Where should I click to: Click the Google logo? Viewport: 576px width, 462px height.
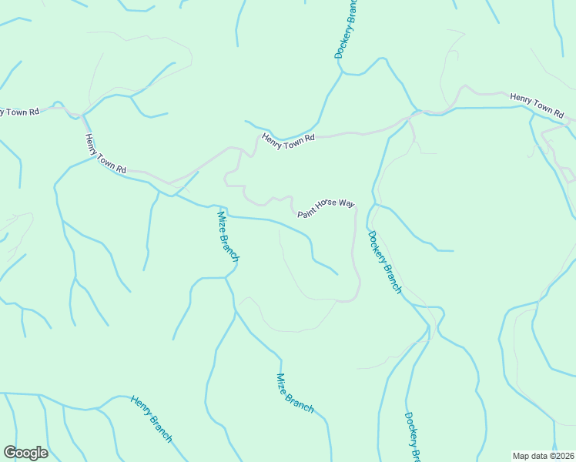coord(25,453)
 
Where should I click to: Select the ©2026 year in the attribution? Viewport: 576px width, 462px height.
coord(561,455)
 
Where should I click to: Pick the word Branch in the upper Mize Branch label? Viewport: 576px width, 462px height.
coord(230,248)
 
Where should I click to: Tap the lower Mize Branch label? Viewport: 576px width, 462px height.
coord(294,393)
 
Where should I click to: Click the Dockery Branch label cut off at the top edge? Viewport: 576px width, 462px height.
coord(343,29)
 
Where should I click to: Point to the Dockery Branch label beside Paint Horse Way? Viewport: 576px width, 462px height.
coord(384,262)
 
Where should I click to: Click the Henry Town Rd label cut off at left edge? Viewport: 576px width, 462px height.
coord(18,112)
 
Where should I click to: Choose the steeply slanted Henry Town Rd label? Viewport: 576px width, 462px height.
coord(105,152)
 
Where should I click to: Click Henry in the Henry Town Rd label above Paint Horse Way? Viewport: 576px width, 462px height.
coord(273,139)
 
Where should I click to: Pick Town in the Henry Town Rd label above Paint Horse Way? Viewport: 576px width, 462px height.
coord(293,139)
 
